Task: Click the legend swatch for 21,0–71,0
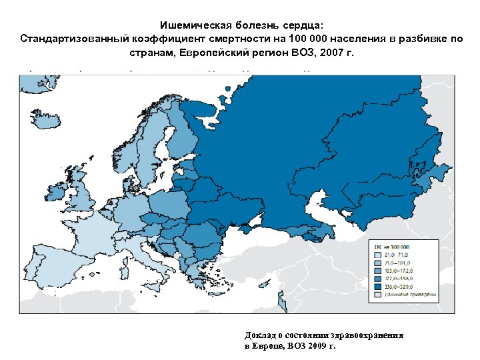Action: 378,255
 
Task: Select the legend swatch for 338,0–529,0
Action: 378,285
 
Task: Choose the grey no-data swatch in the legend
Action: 378,293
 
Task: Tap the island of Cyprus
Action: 280,304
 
